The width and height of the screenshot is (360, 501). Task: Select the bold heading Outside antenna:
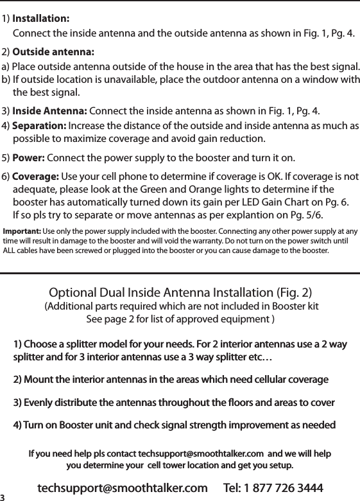(x=53, y=51)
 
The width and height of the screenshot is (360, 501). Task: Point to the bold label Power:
(x=29, y=157)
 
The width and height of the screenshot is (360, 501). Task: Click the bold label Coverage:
(x=36, y=177)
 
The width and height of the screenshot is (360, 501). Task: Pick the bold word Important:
(x=22, y=231)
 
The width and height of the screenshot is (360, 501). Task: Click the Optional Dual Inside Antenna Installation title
(x=180, y=293)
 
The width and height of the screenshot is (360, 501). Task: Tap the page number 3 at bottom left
(x=3, y=497)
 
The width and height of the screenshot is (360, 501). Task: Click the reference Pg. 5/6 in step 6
(x=308, y=215)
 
